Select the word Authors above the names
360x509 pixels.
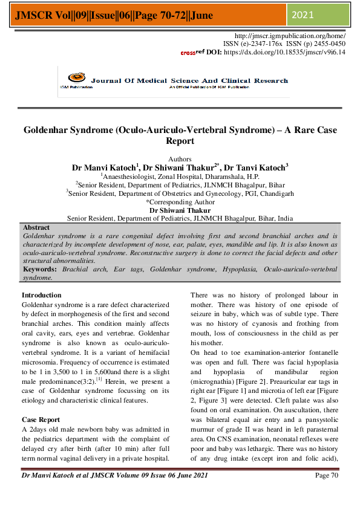click(180, 158)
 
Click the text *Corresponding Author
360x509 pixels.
click(180, 203)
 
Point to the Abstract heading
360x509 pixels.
click(36, 227)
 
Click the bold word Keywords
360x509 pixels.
click(41, 268)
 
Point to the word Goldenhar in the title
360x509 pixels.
click(50, 130)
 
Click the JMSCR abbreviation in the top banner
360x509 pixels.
click(27, 15)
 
